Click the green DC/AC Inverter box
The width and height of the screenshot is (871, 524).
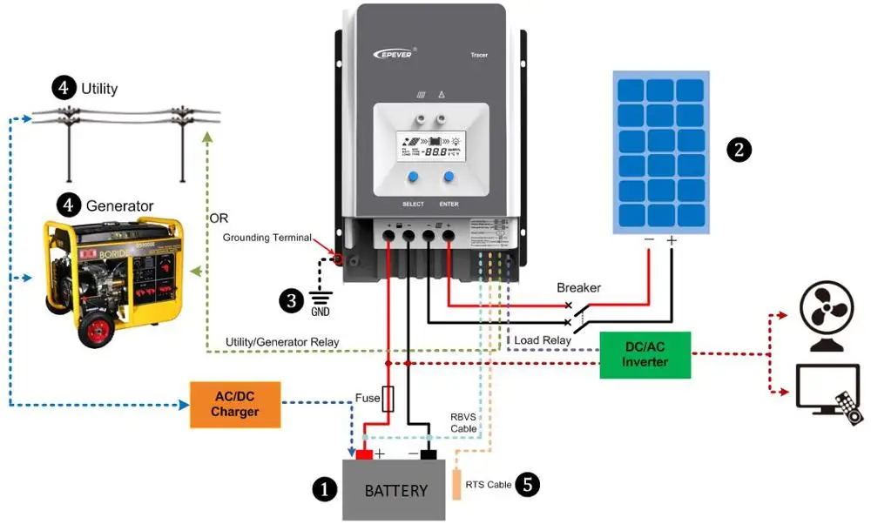click(645, 354)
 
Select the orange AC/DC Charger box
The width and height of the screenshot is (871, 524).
click(235, 404)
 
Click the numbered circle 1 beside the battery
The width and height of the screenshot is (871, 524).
click(324, 490)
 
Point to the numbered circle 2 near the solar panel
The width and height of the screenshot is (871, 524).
click(739, 149)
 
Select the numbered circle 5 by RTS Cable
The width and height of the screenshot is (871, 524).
click(527, 485)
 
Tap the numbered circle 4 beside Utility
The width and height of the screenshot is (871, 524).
click(63, 87)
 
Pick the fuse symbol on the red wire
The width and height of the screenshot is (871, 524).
click(388, 399)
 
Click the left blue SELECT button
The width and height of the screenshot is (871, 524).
click(413, 178)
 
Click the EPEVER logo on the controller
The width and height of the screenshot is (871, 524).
click(388, 54)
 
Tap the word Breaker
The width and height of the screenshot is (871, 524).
click(579, 288)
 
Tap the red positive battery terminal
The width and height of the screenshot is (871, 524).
click(364, 454)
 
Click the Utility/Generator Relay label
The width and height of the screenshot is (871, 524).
click(282, 342)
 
